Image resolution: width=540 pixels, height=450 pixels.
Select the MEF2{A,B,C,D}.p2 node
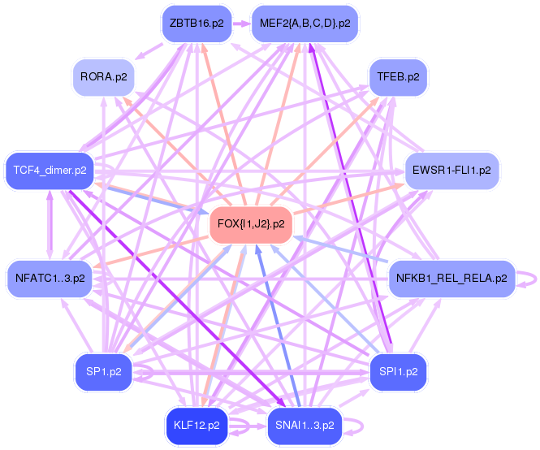[x=305, y=24]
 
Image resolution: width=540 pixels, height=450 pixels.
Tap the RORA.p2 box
[x=103, y=78]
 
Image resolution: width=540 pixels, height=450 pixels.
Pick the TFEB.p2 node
[x=398, y=78]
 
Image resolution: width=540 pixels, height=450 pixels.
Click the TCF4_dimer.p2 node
[x=50, y=171]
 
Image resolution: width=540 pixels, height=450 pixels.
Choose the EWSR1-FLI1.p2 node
[x=452, y=171]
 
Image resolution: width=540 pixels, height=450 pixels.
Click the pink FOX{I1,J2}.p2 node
[x=251, y=223]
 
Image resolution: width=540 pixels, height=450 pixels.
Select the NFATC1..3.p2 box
[x=50, y=279]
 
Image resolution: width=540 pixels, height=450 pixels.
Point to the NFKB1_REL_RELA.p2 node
[x=451, y=279]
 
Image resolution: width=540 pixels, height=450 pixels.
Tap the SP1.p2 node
[x=103, y=372]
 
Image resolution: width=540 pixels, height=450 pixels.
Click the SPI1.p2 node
[x=398, y=372]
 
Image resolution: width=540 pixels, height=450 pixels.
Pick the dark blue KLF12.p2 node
[x=196, y=425]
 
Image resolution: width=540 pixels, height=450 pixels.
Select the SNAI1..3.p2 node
[x=305, y=425]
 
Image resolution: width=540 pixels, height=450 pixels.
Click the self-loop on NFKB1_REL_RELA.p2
[x=529, y=279]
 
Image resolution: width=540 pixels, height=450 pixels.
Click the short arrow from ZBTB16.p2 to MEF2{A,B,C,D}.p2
[x=241, y=24]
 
